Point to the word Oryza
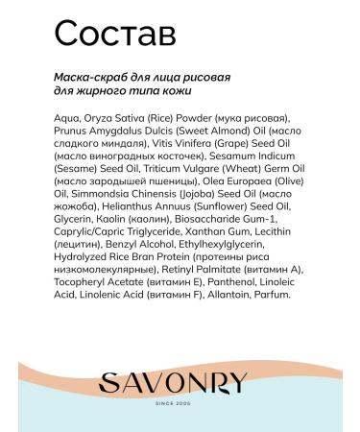[96, 119]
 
